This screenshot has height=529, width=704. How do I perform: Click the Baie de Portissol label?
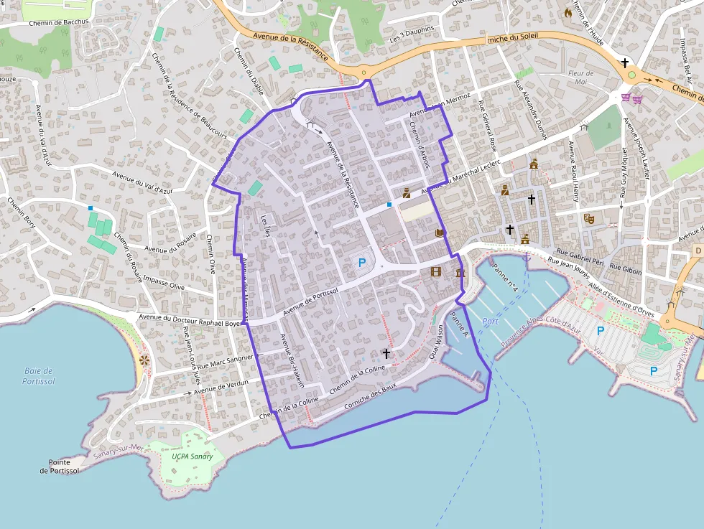[x=39, y=376]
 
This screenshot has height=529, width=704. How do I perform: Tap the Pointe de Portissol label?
[x=59, y=467]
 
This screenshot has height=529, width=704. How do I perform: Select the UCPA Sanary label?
[x=193, y=456]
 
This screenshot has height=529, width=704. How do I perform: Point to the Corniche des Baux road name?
[x=371, y=398]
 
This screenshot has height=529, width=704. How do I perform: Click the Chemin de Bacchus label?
[x=59, y=22]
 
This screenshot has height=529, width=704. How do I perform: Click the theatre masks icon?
[x=589, y=218]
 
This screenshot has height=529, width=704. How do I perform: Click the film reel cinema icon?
[x=436, y=271]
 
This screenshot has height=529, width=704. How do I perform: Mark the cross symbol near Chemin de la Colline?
[x=386, y=353]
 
